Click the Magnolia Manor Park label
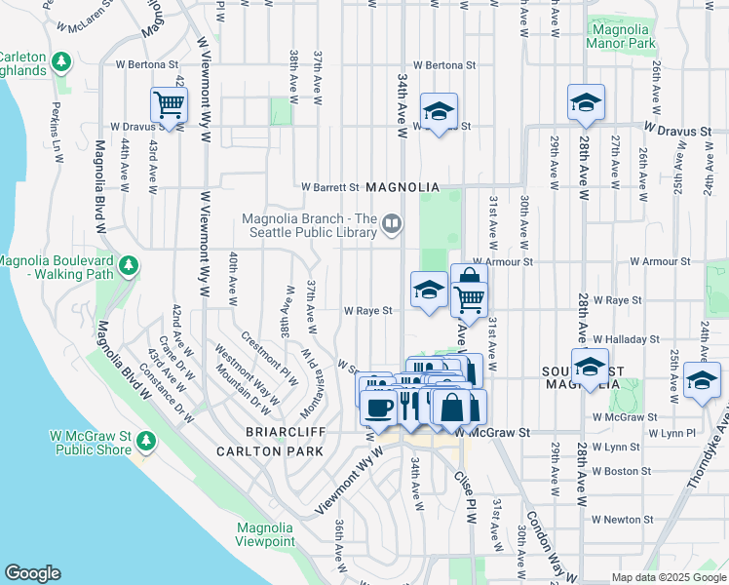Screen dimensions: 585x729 tap(623, 36)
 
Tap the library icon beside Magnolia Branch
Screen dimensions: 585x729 tap(390, 225)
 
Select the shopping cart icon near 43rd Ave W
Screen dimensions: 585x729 tap(169, 105)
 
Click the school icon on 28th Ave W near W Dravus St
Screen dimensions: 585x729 tap(586, 102)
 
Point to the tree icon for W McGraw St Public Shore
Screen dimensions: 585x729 tap(146, 441)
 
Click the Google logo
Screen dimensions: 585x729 tap(32, 573)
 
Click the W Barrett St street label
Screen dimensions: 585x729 tap(330, 187)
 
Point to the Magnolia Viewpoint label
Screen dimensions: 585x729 tap(265, 534)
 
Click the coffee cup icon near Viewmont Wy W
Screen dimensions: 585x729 tap(379, 408)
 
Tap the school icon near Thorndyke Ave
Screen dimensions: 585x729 tap(701, 380)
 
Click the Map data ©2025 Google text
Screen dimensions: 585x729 tap(669, 577)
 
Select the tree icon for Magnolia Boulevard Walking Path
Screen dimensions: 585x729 tap(127, 266)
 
